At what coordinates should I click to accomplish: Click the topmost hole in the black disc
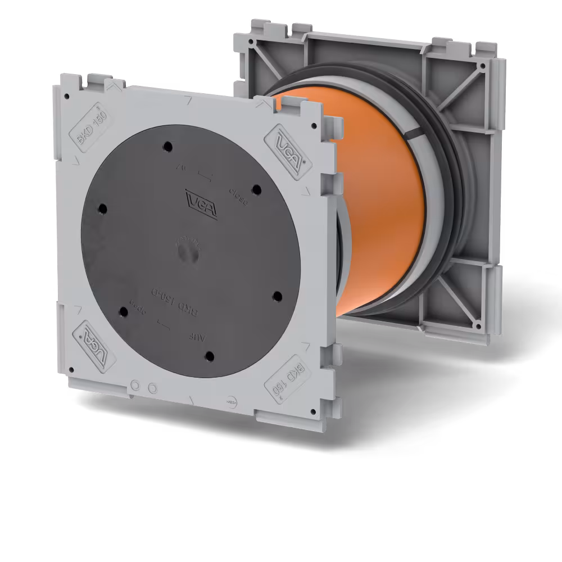click(167, 147)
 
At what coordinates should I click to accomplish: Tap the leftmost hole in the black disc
click(102, 209)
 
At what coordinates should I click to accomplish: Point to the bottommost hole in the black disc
click(209, 355)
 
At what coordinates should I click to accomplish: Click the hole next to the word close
click(256, 189)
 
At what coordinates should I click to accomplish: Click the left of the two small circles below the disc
click(135, 386)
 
